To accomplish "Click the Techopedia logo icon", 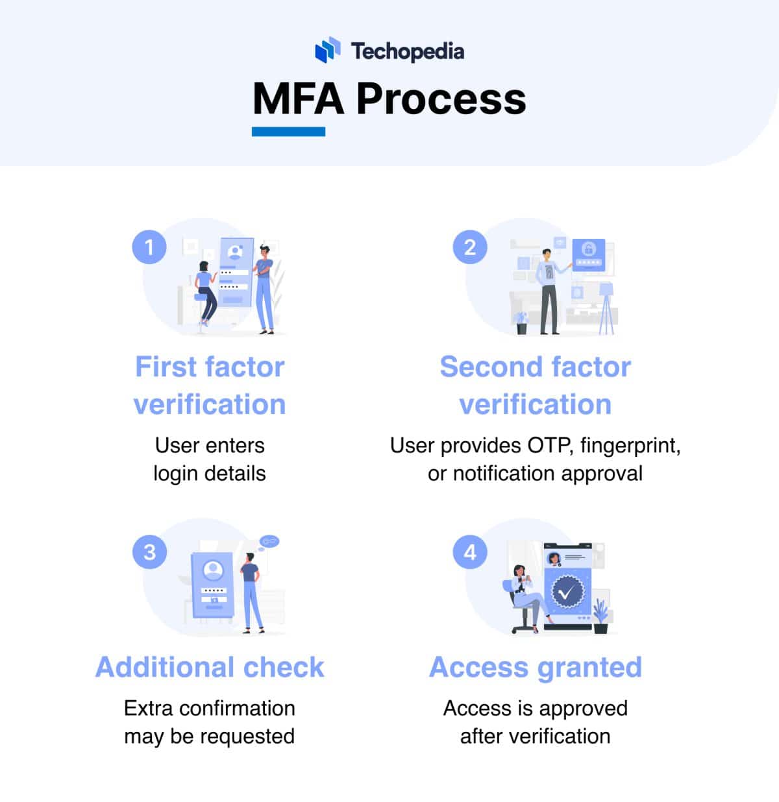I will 328,51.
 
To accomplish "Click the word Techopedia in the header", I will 408,51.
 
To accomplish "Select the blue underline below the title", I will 288,132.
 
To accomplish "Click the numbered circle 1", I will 149,247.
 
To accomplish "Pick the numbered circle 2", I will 470,247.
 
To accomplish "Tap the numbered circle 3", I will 149,552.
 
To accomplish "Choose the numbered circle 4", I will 470,552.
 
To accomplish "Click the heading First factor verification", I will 210,385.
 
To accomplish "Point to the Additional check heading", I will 210,667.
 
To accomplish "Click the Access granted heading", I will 536,667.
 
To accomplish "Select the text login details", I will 210,474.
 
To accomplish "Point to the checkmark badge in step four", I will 567,591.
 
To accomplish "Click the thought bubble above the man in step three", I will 269,541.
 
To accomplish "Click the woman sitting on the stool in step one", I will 206,292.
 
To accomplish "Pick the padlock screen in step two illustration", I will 588,254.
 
